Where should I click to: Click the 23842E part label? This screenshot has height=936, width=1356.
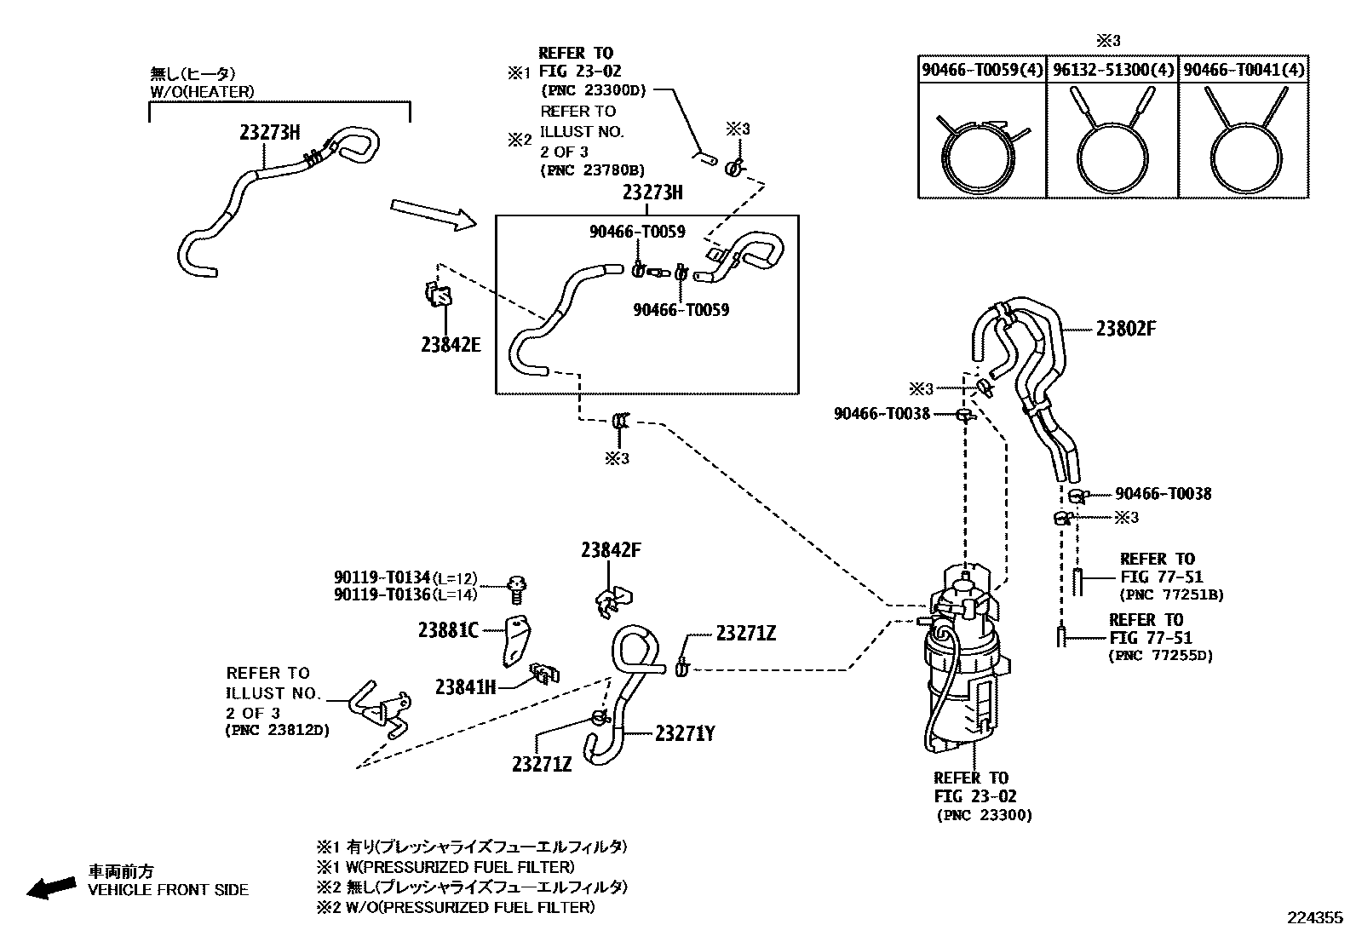(450, 345)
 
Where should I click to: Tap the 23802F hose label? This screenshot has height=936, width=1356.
(1125, 329)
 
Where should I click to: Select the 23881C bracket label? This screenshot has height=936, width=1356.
(448, 630)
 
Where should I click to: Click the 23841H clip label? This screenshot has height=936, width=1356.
(465, 686)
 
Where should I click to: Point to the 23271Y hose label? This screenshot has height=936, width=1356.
(684, 733)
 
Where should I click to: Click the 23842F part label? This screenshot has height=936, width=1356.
(611, 550)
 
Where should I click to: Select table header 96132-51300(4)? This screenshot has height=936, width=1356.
(1112, 70)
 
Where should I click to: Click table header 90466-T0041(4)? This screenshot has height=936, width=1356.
(1244, 70)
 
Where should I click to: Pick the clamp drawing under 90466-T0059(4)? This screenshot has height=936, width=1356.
(982, 153)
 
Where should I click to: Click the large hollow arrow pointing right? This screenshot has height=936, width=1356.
(434, 215)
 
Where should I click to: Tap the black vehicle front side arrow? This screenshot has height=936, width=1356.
(50, 887)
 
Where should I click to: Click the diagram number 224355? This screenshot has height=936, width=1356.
(1314, 918)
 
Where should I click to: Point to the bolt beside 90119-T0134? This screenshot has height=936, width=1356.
(516, 587)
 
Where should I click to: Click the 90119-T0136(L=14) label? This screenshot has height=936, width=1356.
(405, 594)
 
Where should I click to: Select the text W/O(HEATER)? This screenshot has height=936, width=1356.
(201, 92)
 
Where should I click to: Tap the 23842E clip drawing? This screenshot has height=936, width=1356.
(438, 294)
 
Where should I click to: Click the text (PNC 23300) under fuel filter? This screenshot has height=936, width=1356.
(984, 815)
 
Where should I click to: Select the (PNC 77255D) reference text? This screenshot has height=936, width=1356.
(1160, 655)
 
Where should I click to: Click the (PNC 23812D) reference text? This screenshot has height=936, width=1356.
(277, 731)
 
